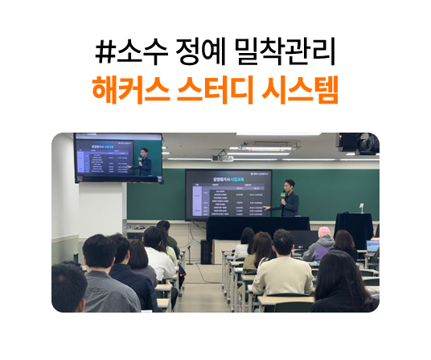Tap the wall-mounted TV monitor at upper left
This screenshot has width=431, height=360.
point(117,158)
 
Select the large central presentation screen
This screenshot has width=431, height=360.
point(228,194)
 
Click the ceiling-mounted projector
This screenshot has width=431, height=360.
point(222,157)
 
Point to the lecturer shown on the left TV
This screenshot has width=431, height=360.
point(144,162)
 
